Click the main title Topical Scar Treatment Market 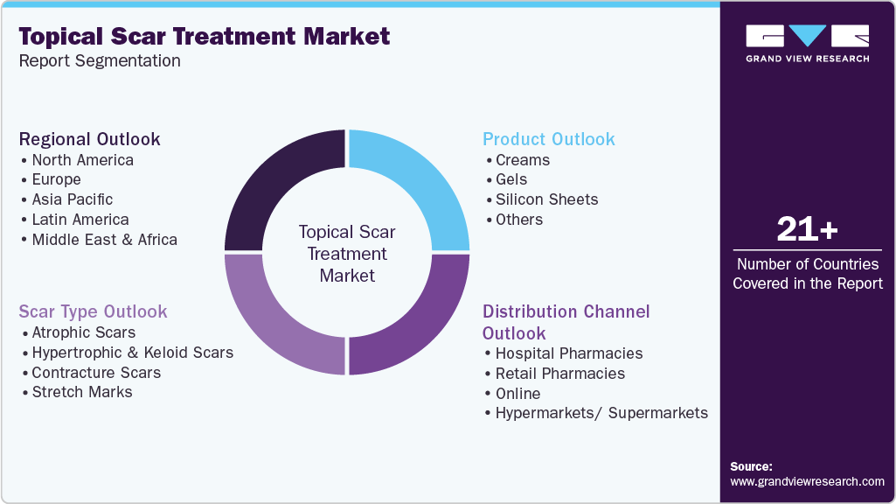click(205, 37)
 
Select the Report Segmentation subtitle click(100, 61)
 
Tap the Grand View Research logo click(807, 43)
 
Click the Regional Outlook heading click(90, 139)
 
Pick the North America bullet click(82, 160)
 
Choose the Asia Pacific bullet click(72, 199)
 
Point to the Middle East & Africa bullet click(104, 240)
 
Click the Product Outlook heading click(549, 139)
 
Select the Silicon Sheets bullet click(546, 199)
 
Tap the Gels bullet click(511, 179)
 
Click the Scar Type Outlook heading click(94, 311)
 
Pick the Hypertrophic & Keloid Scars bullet click(132, 353)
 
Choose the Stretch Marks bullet click(82, 392)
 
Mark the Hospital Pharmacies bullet click(568, 353)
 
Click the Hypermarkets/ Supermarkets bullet click(601, 413)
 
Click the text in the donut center click(347, 254)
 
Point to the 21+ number click(807, 230)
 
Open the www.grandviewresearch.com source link click(807, 481)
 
